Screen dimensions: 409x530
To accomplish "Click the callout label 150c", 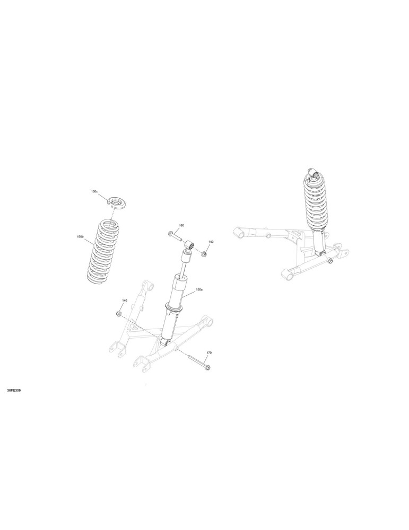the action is [94, 191].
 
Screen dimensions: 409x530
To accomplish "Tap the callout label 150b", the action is [80, 236].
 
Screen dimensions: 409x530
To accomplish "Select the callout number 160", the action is [181, 225].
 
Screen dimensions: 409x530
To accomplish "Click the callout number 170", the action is [208, 352].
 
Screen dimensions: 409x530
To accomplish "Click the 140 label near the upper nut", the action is [211, 242].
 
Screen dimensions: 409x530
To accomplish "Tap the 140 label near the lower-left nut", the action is [125, 300].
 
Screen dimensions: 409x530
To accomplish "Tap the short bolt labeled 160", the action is [175, 236].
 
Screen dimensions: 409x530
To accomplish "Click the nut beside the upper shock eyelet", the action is [204, 254].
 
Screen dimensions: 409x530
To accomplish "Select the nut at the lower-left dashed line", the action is [119, 314].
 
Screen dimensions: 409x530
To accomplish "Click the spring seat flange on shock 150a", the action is [173, 308].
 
